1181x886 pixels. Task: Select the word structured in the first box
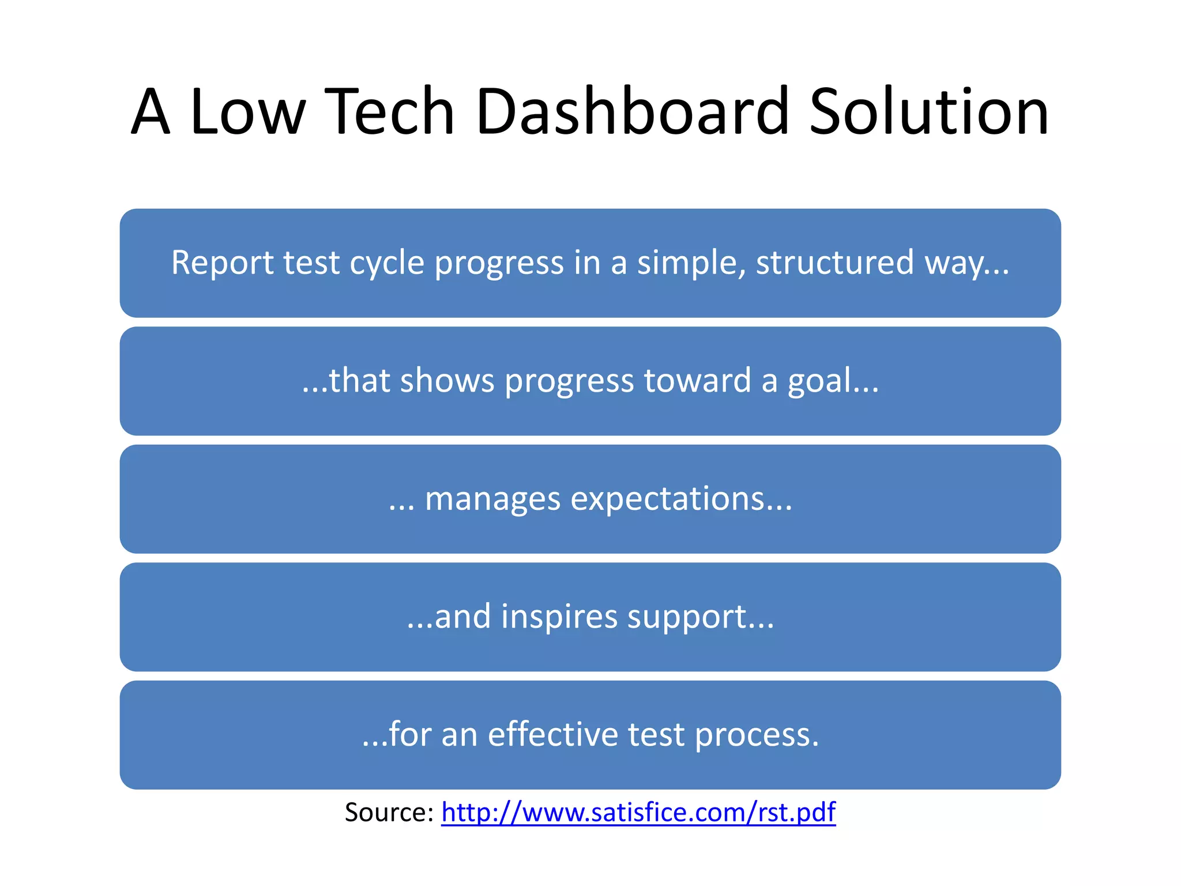click(x=834, y=263)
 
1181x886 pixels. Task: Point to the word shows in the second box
click(x=447, y=381)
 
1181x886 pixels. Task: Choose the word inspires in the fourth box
click(x=559, y=618)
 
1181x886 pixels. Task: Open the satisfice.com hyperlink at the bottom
click(x=638, y=812)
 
